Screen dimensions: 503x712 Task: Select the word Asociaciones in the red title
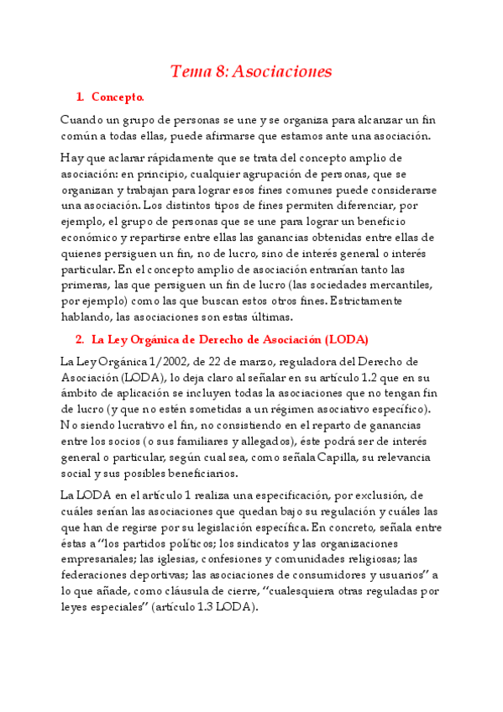coord(286,71)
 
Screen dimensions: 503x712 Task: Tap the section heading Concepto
coord(118,97)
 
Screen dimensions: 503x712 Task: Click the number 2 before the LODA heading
coord(79,339)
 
